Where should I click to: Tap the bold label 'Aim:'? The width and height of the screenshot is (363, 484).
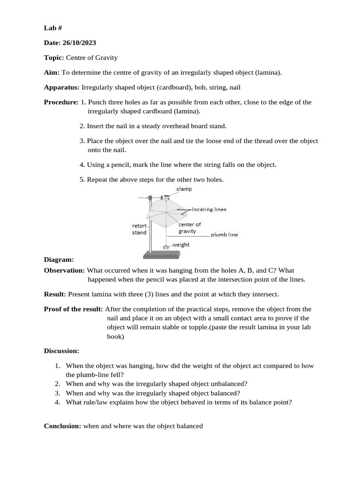pyautogui.click(x=52, y=72)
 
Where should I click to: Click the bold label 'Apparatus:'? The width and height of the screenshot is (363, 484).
pyautogui.click(x=62, y=87)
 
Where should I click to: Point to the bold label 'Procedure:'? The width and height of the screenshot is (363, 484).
pyautogui.click(x=61, y=102)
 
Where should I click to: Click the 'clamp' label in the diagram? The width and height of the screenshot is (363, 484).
pyautogui.click(x=184, y=189)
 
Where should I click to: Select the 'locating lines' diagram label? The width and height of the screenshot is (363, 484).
pyautogui.click(x=209, y=209)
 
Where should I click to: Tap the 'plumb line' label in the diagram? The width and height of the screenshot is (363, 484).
pyautogui.click(x=224, y=234)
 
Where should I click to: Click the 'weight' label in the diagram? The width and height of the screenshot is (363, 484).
pyautogui.click(x=181, y=245)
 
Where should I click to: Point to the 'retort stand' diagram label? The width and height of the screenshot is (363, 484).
pyautogui.click(x=139, y=229)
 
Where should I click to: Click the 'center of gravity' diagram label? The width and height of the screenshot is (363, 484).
pyautogui.click(x=190, y=228)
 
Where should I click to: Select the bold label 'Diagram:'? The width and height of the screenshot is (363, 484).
pyautogui.click(x=59, y=259)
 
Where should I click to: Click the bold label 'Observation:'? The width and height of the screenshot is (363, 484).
pyautogui.click(x=65, y=270)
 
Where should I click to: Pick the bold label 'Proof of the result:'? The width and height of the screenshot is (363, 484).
pyautogui.click(x=73, y=309)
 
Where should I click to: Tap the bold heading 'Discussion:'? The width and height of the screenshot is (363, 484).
pyautogui.click(x=61, y=351)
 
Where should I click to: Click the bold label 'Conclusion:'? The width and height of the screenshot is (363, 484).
pyautogui.click(x=63, y=426)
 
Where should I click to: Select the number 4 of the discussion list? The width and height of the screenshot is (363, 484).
pyautogui.click(x=57, y=402)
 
